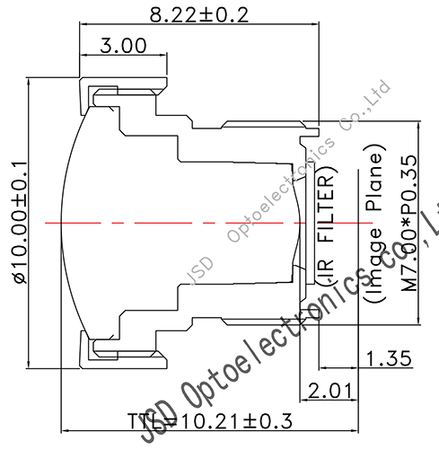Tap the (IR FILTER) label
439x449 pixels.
329,228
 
